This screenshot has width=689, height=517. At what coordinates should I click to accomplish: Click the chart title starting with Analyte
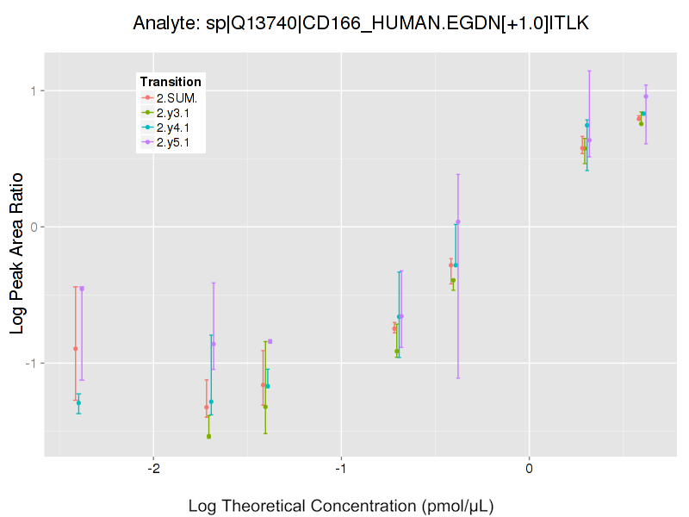361,23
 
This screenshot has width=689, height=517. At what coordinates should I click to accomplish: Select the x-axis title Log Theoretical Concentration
341,505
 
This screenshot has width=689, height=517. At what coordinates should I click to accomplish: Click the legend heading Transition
171,82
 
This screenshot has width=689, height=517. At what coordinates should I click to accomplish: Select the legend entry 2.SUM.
177,97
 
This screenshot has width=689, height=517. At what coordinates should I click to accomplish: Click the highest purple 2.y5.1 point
646,97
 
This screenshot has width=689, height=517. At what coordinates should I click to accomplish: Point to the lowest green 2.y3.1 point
208,437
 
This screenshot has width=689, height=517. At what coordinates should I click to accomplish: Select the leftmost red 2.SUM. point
76,349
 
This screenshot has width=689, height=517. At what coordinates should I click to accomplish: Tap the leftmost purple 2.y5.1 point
82,289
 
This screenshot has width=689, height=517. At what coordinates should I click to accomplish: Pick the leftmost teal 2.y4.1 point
78,403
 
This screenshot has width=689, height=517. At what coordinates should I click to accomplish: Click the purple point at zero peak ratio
458,221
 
